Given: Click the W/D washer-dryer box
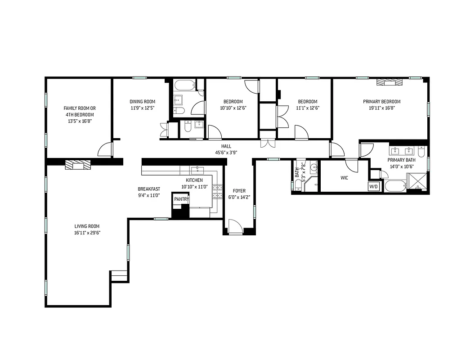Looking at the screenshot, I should coord(374,186).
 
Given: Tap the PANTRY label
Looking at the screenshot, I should coord(182,199).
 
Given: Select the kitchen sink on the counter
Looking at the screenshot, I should coord(197,170).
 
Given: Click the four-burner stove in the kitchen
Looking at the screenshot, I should coord(218,192).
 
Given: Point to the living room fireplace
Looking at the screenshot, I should coord(78,165).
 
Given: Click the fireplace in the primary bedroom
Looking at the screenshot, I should coord(388,82).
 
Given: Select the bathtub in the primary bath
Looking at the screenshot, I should coord(394,186).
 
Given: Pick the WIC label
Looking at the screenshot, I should coord(344,178).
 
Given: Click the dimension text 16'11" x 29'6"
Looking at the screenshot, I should coord(87,233).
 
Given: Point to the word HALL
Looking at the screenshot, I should coord(226,146).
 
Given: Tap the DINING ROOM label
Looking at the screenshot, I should coord(143,102).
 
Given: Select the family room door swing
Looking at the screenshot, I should coord(105,150).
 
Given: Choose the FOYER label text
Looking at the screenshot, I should coord(239,191).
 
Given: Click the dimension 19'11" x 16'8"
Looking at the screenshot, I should coord(381,108).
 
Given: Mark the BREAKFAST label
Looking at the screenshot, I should coord(149,189).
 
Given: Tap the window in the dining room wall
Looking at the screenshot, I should coord(139,78).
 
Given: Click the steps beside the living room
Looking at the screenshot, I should coord(119,276).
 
